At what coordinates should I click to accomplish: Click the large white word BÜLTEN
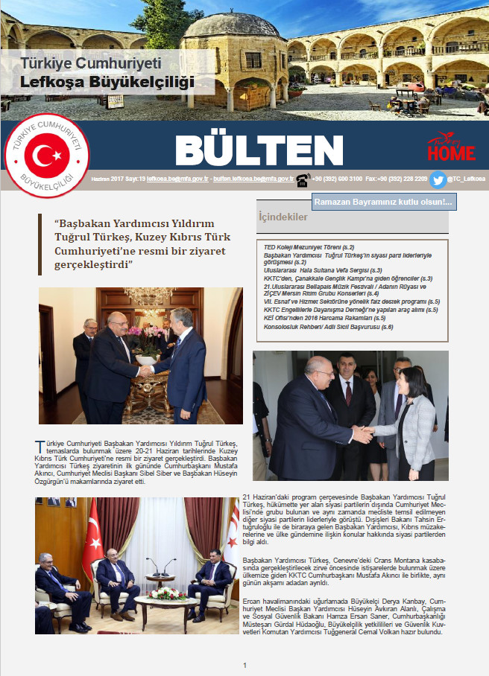[x=249, y=152]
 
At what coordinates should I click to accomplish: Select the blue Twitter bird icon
[x=438, y=179]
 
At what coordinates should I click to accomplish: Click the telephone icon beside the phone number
[x=303, y=179]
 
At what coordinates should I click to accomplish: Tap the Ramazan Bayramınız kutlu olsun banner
[x=383, y=203]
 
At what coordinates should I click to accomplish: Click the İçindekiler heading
[x=283, y=217]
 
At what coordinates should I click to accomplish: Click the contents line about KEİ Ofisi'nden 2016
[x=325, y=318]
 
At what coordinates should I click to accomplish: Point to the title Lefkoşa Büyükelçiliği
[x=107, y=81]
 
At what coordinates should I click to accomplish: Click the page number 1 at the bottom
[x=245, y=665]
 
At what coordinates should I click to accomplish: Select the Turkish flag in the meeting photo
[x=92, y=533]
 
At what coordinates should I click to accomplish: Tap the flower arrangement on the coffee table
[x=165, y=593]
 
